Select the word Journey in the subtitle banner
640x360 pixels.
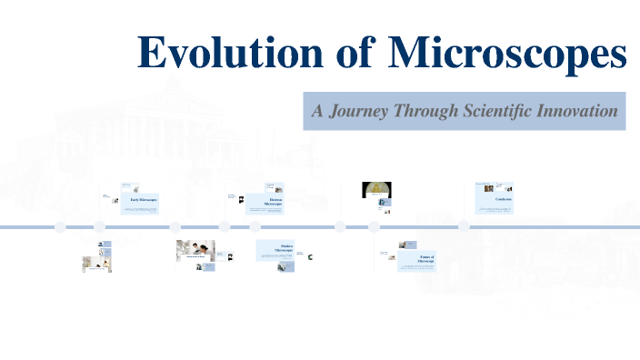pos(360,112)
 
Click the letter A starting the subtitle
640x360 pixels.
pos(317,112)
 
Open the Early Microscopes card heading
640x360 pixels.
pos(144,199)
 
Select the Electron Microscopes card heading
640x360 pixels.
pos(273,202)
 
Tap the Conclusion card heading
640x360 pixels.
pos(504,198)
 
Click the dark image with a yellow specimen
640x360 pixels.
pos(376,190)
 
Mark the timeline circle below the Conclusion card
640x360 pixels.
pos(464,226)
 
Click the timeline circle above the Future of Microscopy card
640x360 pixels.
pos(375,226)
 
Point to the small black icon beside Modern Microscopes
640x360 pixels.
pos(312,257)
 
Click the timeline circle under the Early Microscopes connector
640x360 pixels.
pos(98,226)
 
